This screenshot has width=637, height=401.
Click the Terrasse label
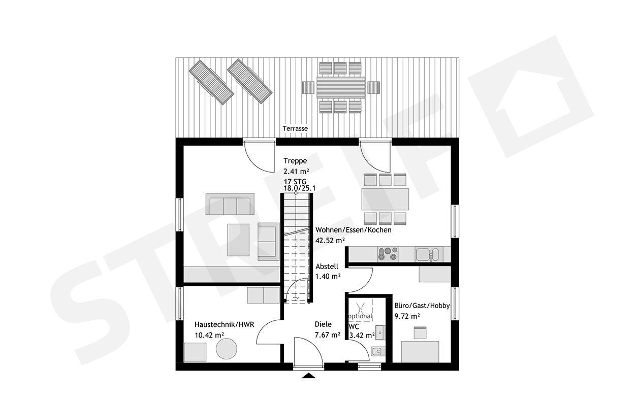tap(296, 129)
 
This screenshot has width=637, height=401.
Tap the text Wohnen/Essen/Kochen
tap(353, 230)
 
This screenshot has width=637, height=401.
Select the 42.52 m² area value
tap(330, 241)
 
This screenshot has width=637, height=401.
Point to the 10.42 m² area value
tap(209, 335)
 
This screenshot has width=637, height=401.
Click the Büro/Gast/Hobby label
tap(422, 306)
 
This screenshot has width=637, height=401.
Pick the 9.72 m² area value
tap(407, 316)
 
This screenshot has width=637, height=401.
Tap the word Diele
tap(323, 324)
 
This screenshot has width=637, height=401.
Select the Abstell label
tap(327, 266)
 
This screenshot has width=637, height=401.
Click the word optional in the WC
tap(360, 316)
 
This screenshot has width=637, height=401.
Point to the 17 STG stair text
tap(295, 181)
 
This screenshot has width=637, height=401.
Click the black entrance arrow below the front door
tap(308, 376)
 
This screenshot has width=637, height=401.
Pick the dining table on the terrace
tap(341, 87)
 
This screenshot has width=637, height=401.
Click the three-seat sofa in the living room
tap(230, 204)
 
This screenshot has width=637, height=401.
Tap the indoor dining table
tap(386, 198)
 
